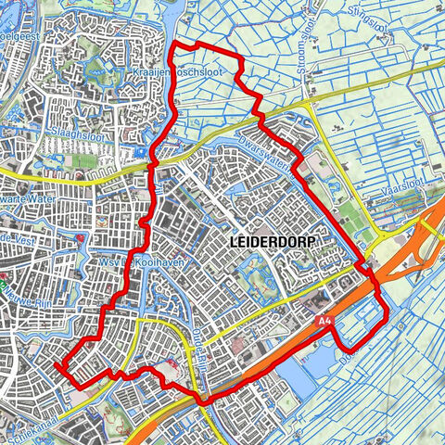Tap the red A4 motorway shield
(x=323, y=322)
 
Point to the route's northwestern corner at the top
(x=177, y=45)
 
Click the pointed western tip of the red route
(x=57, y=365)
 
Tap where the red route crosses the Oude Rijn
(x=198, y=400)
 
